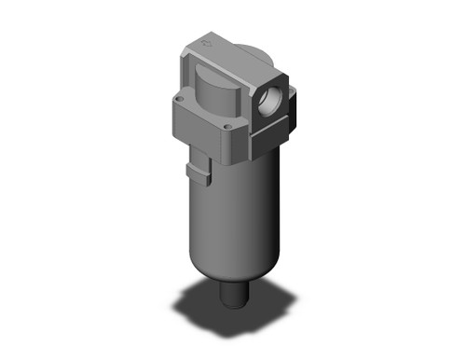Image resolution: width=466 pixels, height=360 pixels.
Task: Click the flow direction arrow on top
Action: coord(210,40)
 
